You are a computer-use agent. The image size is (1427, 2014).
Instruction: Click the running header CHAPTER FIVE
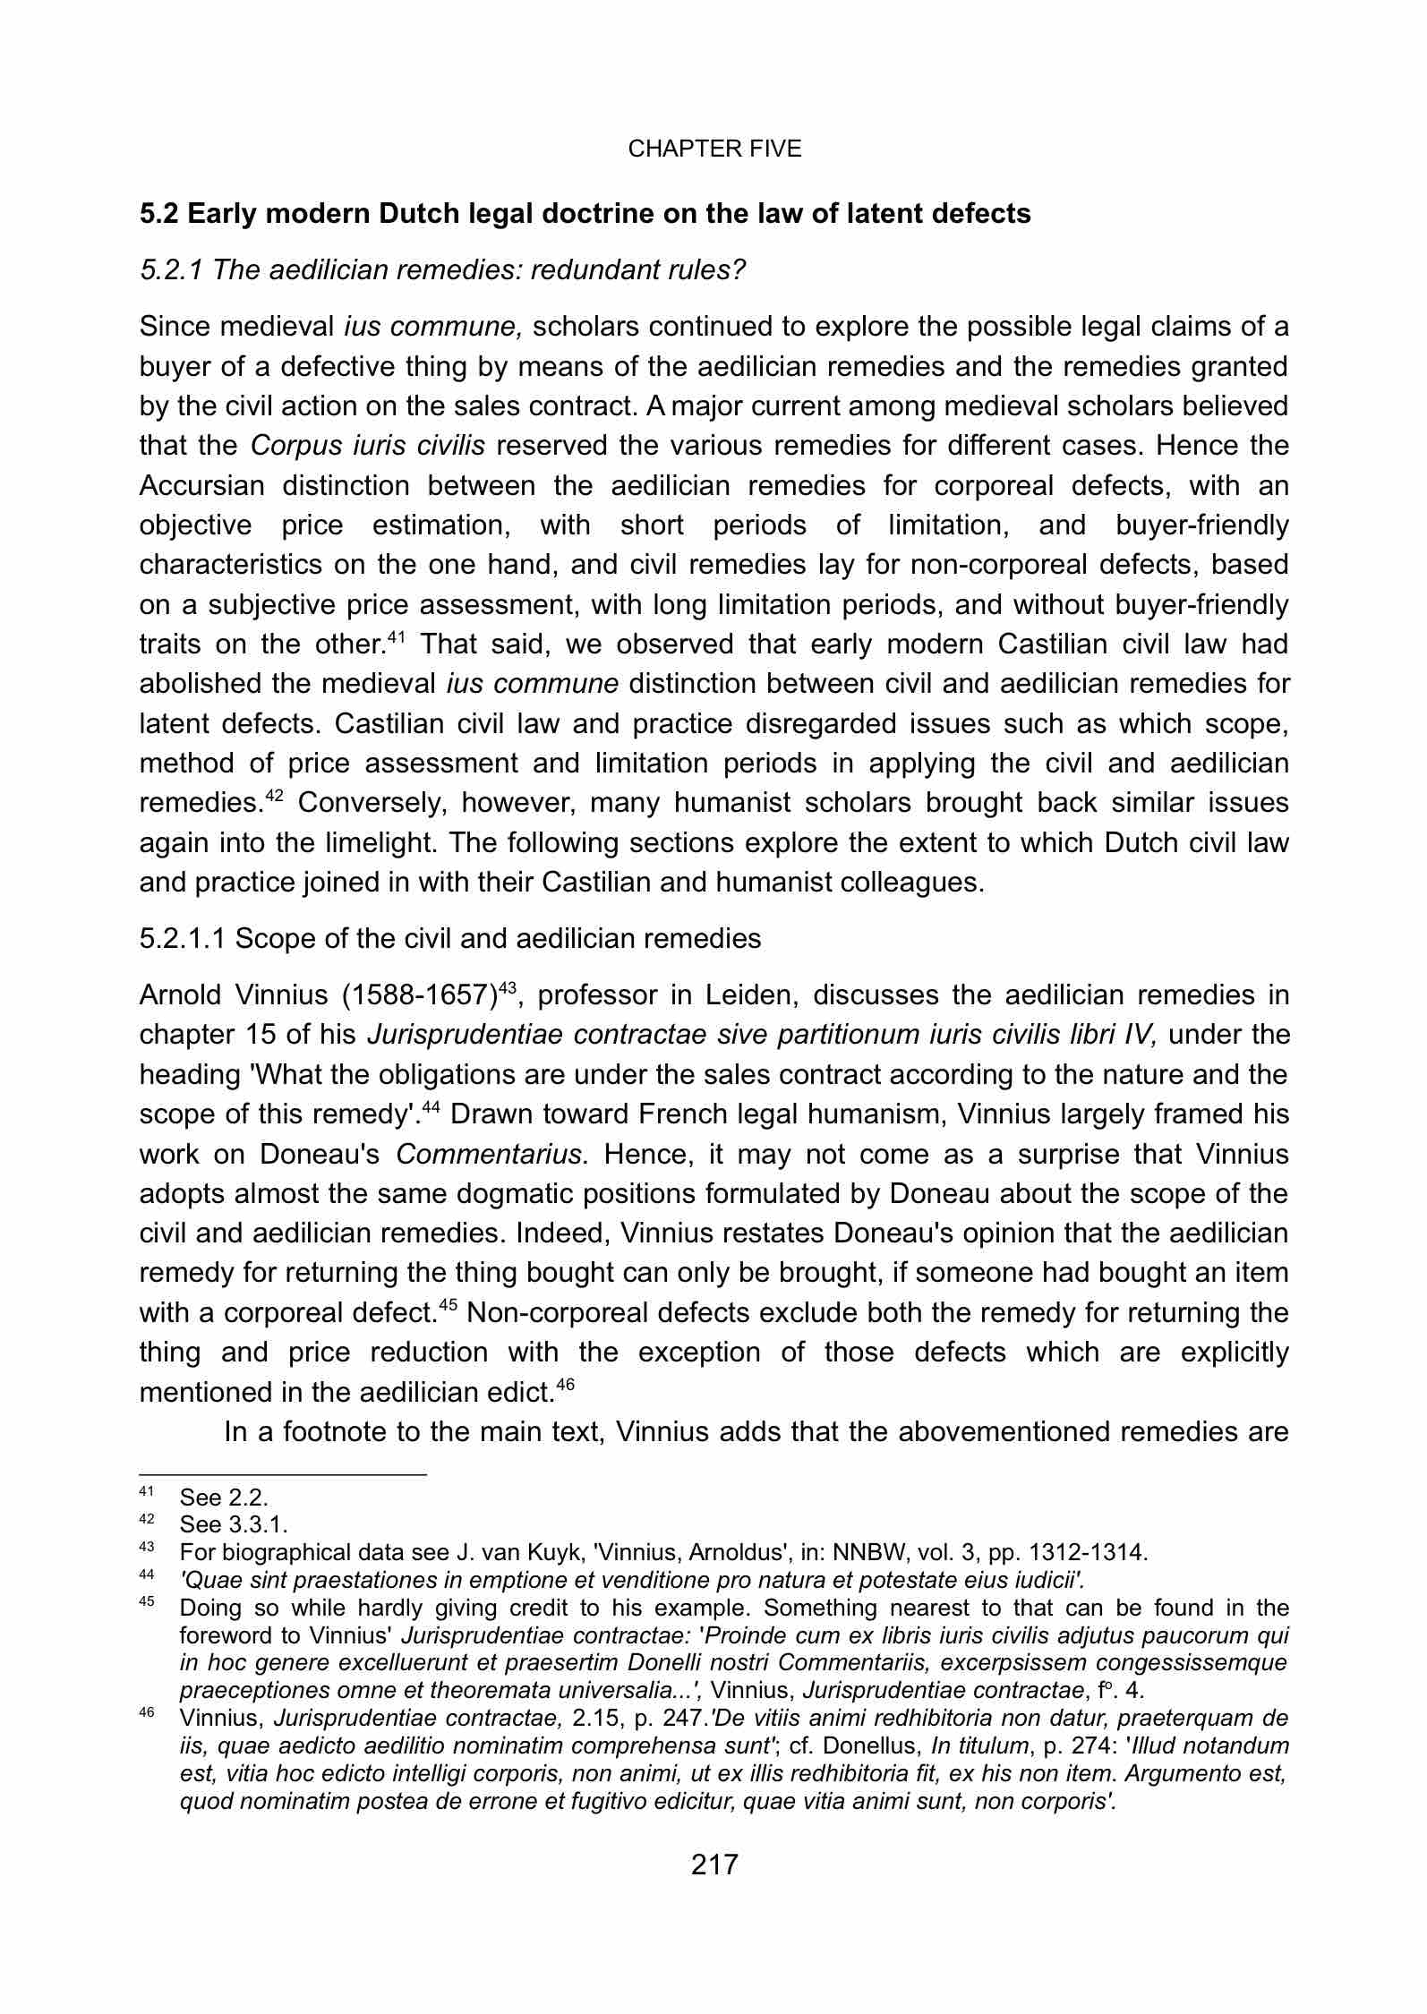coord(714,149)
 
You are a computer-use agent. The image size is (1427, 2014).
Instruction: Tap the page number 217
coord(713,1865)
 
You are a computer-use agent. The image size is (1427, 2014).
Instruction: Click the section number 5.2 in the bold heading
coord(159,215)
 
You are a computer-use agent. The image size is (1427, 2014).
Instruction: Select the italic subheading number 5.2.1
coord(171,270)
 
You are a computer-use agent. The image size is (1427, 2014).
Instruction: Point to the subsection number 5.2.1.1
coord(183,938)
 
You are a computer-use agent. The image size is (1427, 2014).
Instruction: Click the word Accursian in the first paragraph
coord(201,486)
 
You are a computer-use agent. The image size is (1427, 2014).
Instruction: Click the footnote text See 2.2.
coord(224,1498)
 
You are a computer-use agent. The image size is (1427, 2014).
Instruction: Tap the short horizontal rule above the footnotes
coord(283,1473)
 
